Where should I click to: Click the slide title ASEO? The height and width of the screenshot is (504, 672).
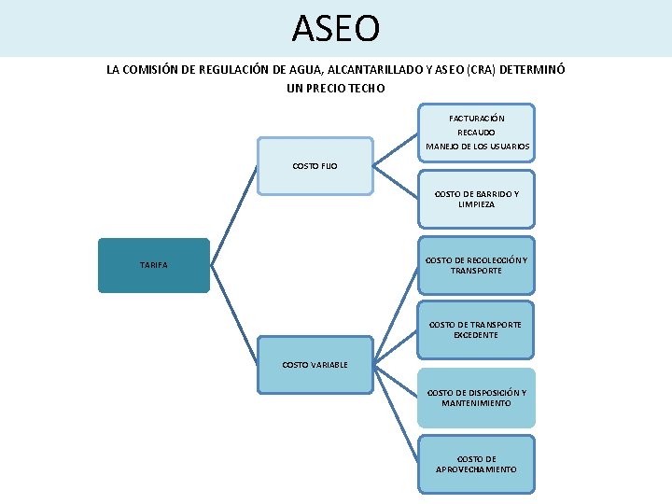(x=336, y=28)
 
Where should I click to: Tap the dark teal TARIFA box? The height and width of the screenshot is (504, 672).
(x=154, y=266)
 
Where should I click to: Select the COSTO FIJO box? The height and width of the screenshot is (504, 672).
(x=315, y=166)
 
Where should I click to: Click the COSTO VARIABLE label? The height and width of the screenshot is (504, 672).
(x=315, y=364)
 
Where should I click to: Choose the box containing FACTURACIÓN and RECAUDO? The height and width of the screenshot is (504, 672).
(x=476, y=133)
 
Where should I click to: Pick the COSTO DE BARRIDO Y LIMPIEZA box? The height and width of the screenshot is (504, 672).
(x=476, y=199)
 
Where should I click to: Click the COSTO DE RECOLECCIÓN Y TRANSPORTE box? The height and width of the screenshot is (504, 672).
(x=476, y=265)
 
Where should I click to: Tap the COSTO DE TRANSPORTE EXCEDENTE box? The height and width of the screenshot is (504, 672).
(x=476, y=329)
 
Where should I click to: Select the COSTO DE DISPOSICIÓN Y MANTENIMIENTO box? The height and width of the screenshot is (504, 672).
(x=476, y=398)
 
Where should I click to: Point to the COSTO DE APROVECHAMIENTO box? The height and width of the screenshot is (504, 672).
(x=476, y=464)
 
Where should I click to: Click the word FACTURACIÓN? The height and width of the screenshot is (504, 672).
(x=476, y=119)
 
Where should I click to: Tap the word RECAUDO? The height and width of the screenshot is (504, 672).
(x=476, y=133)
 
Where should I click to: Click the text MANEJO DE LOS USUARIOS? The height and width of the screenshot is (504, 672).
(x=477, y=147)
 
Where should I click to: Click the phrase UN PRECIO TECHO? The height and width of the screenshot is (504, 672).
(x=336, y=88)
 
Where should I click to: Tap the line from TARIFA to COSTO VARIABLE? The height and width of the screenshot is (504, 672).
(x=234, y=313)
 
